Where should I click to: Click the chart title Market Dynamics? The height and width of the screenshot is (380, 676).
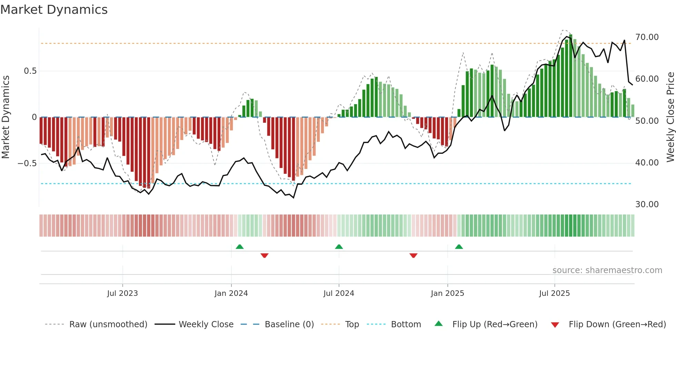tap(54, 10)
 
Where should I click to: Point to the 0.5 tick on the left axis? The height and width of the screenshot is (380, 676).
tap(30, 71)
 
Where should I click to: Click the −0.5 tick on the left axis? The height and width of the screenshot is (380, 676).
tap(27, 163)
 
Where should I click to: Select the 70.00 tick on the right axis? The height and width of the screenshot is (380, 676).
tap(647, 37)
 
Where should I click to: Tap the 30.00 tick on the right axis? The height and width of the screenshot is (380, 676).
tap(647, 204)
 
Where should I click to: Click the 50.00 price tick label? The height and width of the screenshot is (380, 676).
tap(647, 121)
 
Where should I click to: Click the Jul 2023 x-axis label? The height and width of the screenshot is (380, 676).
tap(122, 293)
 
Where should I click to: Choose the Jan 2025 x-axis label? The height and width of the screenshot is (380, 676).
tap(447, 293)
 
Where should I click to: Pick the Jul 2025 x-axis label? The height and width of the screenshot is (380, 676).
tap(554, 293)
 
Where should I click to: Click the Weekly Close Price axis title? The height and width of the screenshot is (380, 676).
tap(670, 117)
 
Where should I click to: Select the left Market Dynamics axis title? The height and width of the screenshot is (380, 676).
tap(6, 117)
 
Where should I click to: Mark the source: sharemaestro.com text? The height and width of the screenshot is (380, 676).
tap(607, 270)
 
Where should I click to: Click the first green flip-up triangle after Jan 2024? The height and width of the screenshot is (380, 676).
tap(240, 247)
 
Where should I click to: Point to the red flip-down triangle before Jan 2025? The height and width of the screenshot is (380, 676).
tap(414, 256)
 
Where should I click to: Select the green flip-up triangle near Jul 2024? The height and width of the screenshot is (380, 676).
tap(339, 247)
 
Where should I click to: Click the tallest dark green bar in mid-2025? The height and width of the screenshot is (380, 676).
tap(571, 76)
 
